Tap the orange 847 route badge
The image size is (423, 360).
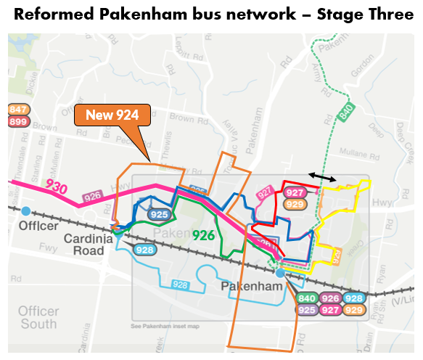17,110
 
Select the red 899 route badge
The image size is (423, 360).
17,121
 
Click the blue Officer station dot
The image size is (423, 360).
26,210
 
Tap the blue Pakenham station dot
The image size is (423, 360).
280,273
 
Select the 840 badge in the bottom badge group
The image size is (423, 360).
307,298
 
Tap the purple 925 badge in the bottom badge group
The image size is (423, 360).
307,310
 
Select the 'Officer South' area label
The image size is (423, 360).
38,316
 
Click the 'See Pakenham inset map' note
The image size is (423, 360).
165,326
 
